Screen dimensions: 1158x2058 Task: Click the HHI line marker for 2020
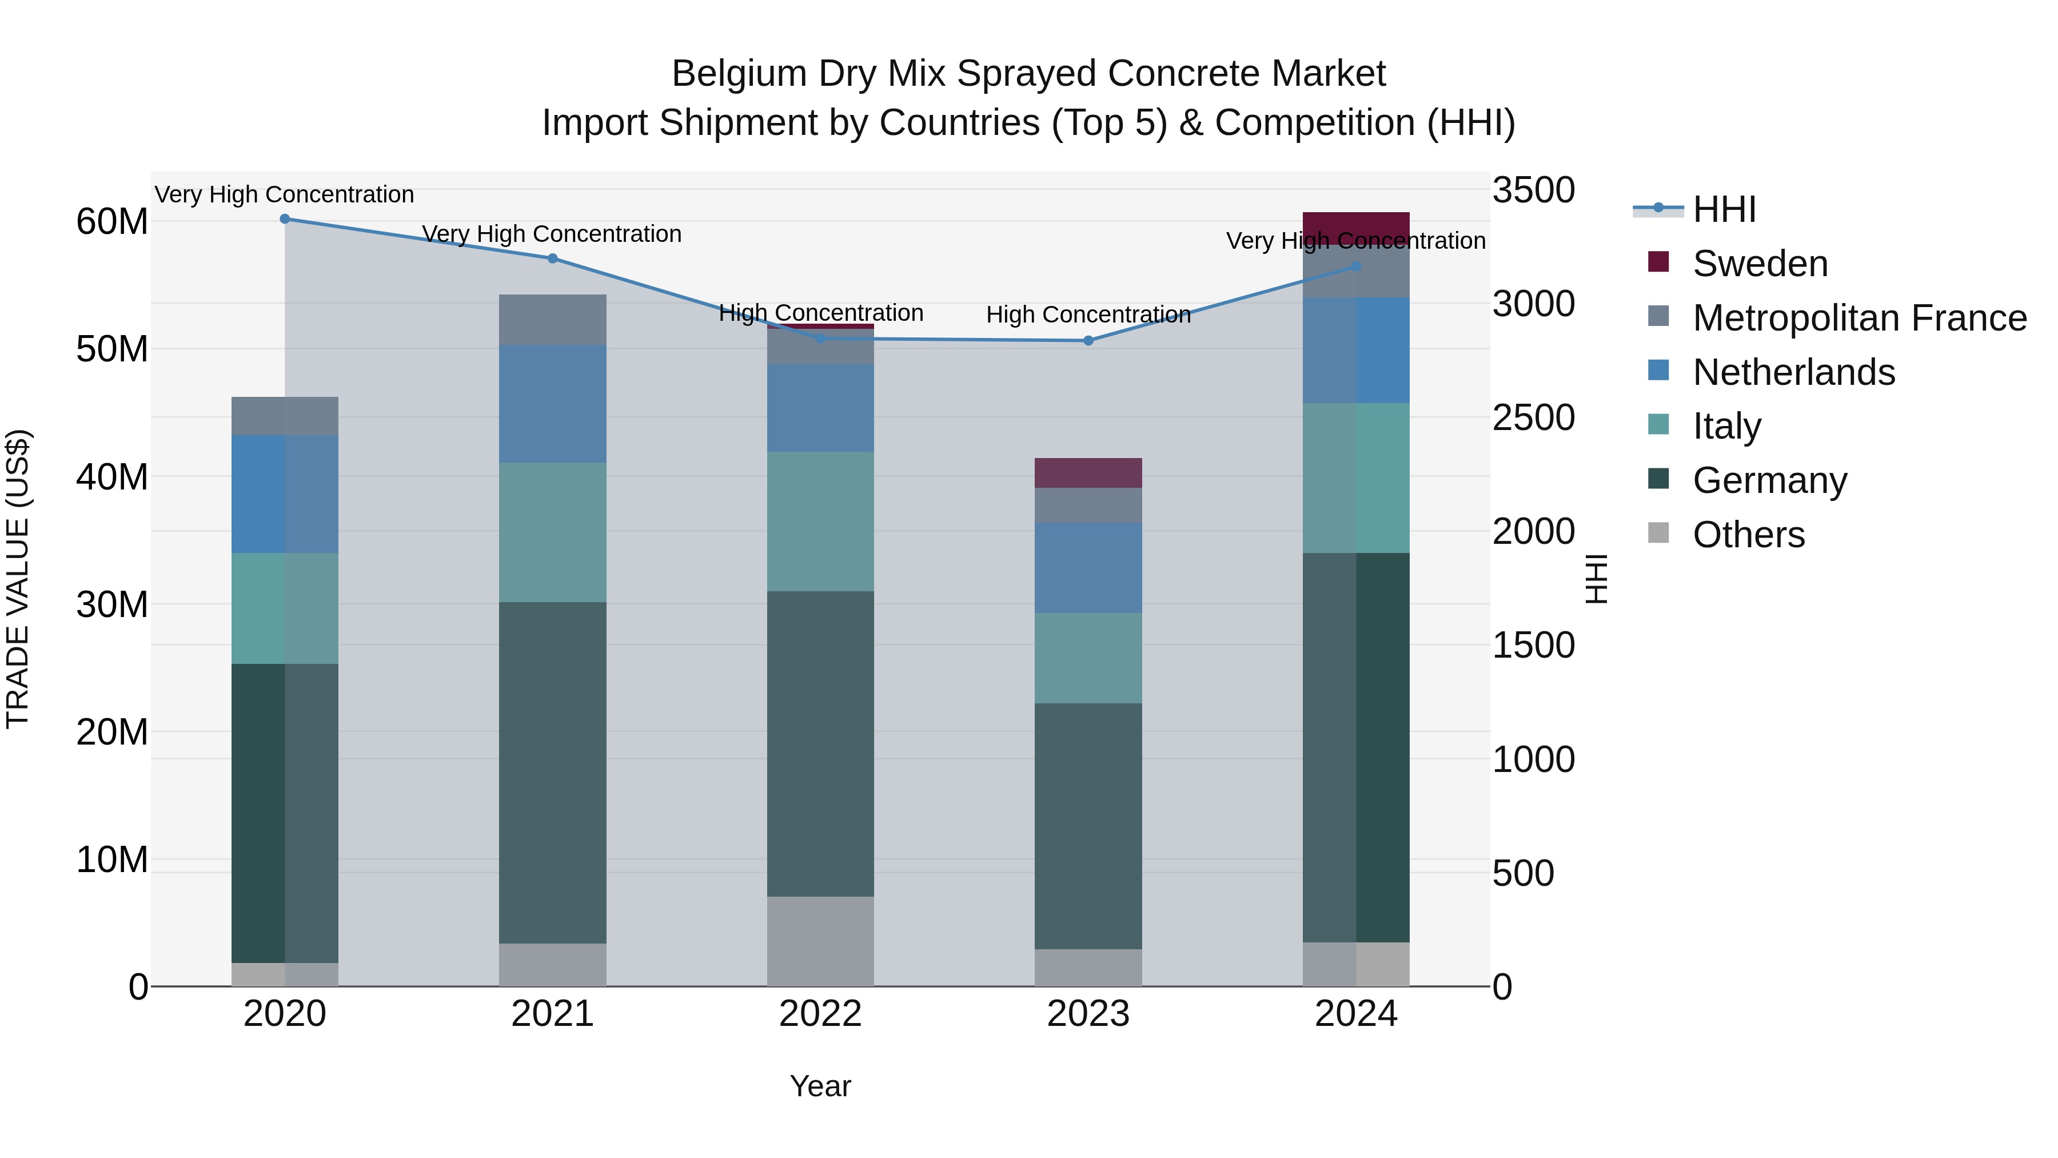coord(285,218)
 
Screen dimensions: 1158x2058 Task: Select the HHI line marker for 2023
coord(1088,340)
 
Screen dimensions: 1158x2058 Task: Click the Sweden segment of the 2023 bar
coord(1088,473)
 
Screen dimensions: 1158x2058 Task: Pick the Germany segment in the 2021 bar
coord(552,772)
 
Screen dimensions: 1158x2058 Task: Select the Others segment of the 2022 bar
coord(820,941)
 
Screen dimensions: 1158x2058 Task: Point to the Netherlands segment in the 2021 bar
coord(552,404)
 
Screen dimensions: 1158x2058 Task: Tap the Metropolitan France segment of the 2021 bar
coord(552,320)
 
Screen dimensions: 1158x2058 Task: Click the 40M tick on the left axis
coord(112,477)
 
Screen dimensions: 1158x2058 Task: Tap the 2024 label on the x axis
coord(1356,1014)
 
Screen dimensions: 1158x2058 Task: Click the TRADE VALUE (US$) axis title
coord(18,579)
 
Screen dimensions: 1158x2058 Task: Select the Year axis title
coord(820,1086)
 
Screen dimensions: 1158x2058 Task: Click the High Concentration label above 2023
coord(1088,315)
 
